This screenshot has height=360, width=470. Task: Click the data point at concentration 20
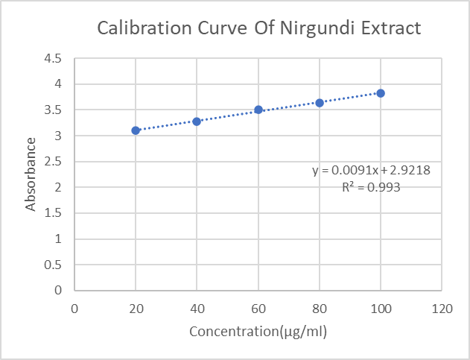(136, 130)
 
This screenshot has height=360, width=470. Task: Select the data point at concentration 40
(197, 121)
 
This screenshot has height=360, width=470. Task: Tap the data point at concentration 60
(258, 110)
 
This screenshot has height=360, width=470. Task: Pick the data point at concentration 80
(320, 103)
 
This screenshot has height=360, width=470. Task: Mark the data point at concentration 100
(381, 93)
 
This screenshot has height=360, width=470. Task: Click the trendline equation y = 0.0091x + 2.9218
(371, 171)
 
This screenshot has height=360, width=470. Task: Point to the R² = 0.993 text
(371, 188)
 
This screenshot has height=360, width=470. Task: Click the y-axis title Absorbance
(31, 174)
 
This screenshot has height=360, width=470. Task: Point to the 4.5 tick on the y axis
(54, 58)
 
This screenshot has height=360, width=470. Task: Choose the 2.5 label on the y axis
(54, 162)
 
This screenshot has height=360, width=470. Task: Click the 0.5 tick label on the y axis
(54, 265)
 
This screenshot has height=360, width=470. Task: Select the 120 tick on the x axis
(442, 307)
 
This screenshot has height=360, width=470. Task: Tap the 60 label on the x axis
(258, 307)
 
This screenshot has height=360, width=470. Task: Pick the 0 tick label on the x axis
(74, 307)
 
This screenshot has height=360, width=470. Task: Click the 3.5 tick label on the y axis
(54, 110)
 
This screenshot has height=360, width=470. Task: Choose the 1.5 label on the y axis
(54, 213)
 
